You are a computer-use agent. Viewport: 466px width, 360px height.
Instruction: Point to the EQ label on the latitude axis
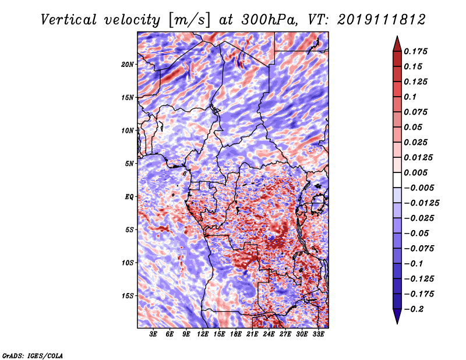tap(129, 197)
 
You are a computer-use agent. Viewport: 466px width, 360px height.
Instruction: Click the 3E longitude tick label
tap(154, 334)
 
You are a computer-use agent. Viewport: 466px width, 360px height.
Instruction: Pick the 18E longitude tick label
tap(236, 334)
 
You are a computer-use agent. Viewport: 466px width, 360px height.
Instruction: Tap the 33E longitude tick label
tap(318, 334)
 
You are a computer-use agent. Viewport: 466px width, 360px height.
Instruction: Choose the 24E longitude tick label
tap(269, 334)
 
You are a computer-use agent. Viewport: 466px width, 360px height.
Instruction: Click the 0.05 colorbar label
tap(414, 127)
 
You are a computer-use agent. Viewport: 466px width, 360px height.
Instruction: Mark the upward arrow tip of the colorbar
tap(397, 38)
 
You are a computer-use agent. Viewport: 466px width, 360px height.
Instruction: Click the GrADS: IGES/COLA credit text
tap(32, 355)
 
